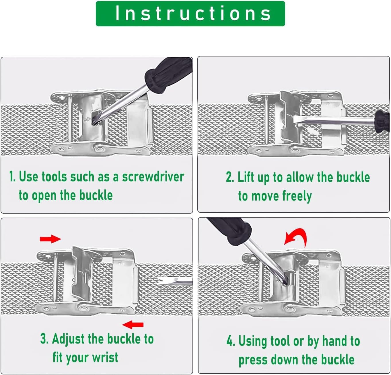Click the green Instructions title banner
[190, 13]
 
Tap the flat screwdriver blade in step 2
[334, 120]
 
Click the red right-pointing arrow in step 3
[50, 239]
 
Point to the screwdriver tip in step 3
[159, 282]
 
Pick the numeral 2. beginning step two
[230, 177]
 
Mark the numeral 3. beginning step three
[44, 339]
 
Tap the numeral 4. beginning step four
[231, 341]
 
